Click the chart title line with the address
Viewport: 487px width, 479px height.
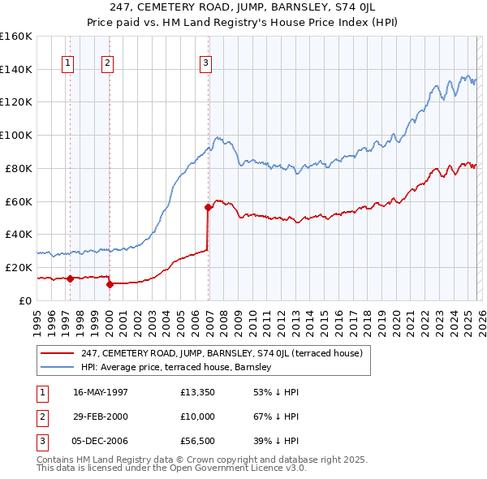pyautogui.click(x=243, y=10)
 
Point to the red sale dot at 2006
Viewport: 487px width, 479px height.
pyautogui.click(x=208, y=207)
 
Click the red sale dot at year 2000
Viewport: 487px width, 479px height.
pyautogui.click(x=110, y=284)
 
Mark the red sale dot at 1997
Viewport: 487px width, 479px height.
pyautogui.click(x=70, y=278)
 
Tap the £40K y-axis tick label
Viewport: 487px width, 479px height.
pyautogui.click(x=19, y=234)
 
